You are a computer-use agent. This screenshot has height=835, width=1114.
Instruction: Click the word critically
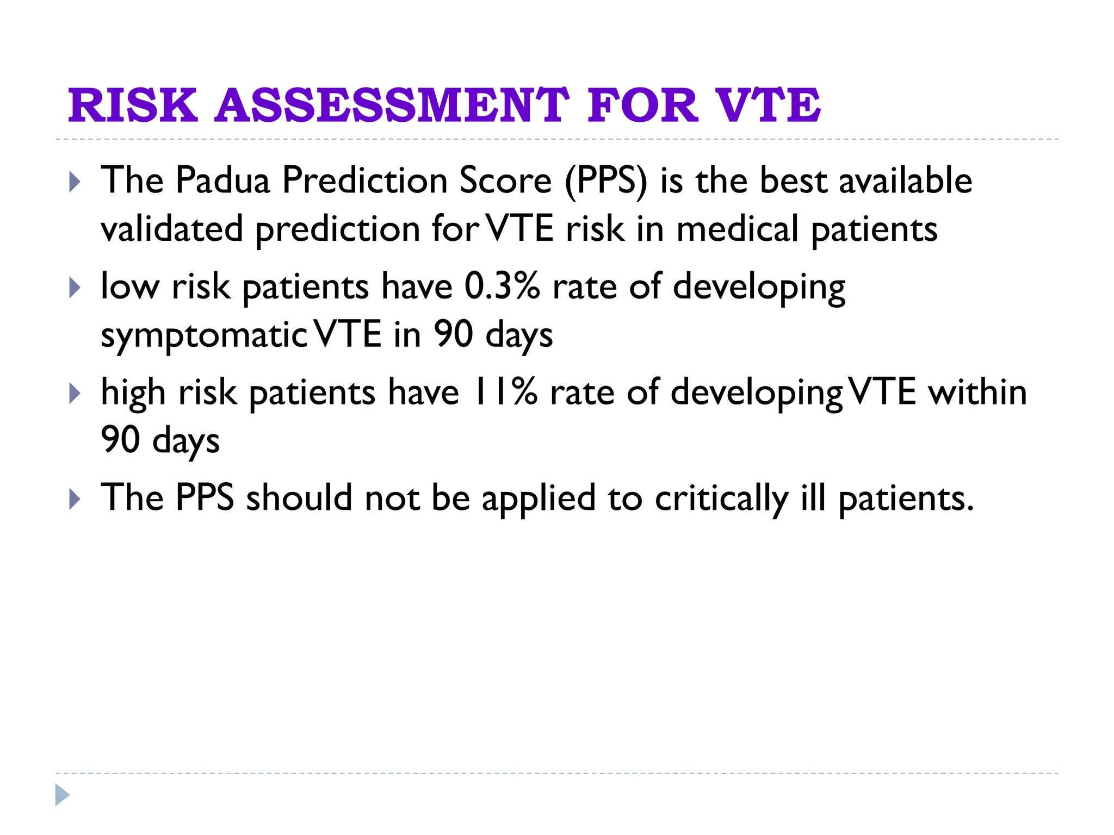coord(721,498)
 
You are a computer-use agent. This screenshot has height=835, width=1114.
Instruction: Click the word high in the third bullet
coord(133,392)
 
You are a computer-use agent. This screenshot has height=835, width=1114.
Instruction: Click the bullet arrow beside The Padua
coord(75,182)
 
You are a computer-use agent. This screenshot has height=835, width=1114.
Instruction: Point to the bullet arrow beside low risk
coord(75,288)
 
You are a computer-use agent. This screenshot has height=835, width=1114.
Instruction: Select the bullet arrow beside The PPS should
coord(75,500)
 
